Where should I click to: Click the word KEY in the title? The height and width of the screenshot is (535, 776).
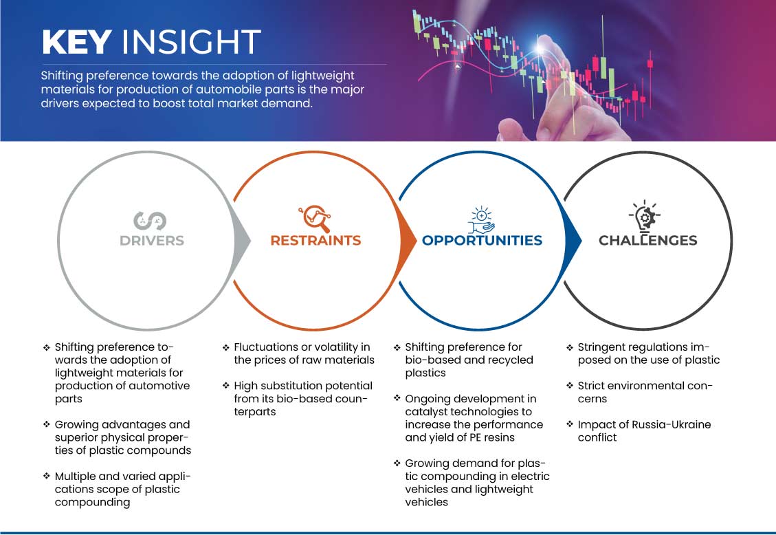coord(77,41)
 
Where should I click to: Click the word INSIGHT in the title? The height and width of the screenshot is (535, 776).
coord(191,41)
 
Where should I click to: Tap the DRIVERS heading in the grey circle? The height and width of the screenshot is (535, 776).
coord(152,241)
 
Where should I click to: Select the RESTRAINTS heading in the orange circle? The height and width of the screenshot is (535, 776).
coord(315,241)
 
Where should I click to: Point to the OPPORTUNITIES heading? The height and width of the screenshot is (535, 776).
coord(482,241)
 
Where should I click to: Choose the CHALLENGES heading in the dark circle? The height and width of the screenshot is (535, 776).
coord(648,241)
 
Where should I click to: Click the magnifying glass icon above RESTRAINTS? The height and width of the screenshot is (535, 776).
coord(315,218)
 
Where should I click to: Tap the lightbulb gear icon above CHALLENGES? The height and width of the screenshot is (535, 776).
coord(645,216)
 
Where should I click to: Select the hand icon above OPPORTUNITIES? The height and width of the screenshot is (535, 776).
coord(482,220)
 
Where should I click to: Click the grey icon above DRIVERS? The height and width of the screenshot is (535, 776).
coord(150,221)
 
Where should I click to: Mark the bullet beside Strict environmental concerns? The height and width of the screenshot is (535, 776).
coord(570,386)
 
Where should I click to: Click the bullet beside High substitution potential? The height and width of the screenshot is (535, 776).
coord(225,386)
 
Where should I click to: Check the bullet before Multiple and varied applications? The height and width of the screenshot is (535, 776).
coord(47,476)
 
